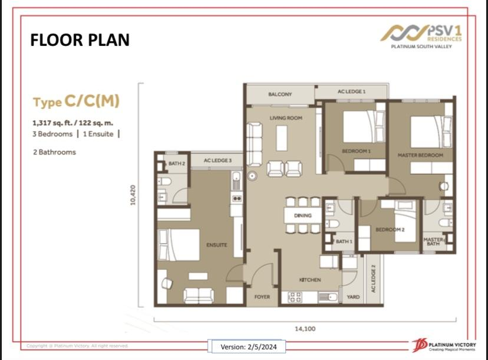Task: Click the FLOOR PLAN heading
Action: click(x=80, y=40)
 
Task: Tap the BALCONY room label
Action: click(x=280, y=94)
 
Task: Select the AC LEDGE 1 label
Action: click(x=351, y=91)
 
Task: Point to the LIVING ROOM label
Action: click(x=286, y=118)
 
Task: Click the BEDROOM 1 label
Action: click(x=356, y=151)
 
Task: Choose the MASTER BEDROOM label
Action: click(x=420, y=155)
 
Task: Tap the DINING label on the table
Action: click(x=302, y=215)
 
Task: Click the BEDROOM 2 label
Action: click(x=390, y=230)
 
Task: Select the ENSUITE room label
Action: click(x=217, y=245)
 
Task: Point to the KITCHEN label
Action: click(x=310, y=280)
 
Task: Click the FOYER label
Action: click(x=262, y=297)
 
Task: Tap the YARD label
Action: click(x=353, y=297)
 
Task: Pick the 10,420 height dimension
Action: click(x=133, y=195)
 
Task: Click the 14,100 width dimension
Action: click(x=305, y=329)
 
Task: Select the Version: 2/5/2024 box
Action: click(x=248, y=346)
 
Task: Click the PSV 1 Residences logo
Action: click(x=421, y=37)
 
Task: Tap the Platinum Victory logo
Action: click(x=444, y=346)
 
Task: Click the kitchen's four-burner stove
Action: click(x=295, y=297)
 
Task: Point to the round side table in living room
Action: click(x=252, y=176)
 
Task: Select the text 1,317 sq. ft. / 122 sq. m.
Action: click(x=73, y=123)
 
